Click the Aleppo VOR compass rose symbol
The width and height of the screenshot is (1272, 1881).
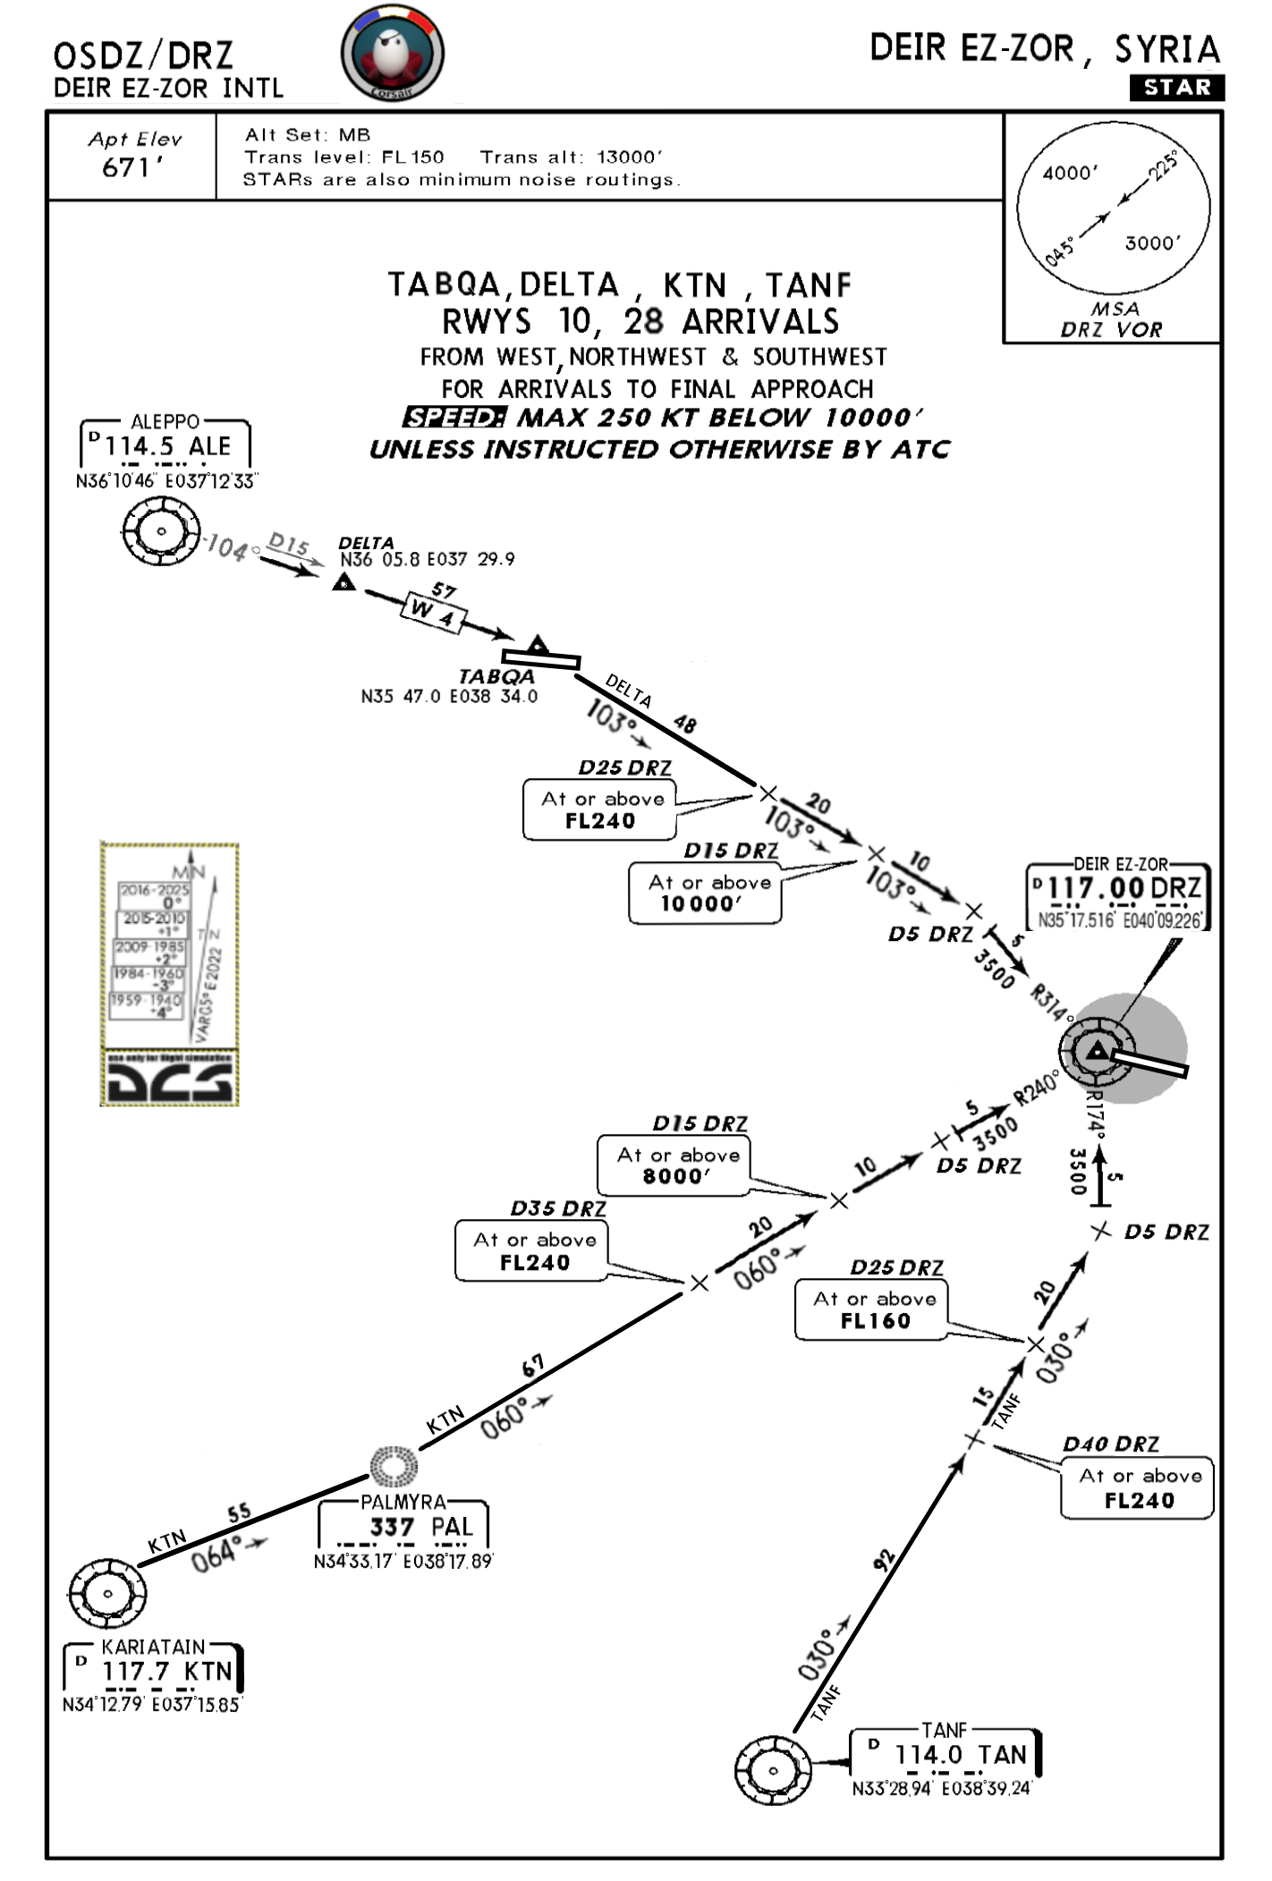[161, 531]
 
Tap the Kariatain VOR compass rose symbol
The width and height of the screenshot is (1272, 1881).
[107, 1593]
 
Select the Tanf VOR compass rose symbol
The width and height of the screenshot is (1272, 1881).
[773, 1770]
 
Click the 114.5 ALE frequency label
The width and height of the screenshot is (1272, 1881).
[167, 446]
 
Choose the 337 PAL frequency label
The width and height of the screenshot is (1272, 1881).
[420, 1527]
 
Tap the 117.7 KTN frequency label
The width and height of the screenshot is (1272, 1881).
[166, 1671]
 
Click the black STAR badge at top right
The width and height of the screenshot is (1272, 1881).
[1177, 88]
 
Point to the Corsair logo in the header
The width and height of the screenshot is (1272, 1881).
[392, 53]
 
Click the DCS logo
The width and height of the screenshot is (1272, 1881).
[170, 1081]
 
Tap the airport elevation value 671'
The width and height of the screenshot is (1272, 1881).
[131, 167]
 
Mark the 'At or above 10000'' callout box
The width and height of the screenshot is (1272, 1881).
[704, 893]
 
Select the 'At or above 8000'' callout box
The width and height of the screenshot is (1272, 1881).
[674, 1165]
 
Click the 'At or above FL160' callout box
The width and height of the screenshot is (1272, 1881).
[870, 1310]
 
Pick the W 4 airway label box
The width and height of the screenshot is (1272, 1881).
[434, 614]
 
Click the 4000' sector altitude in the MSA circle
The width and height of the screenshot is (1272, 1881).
[1070, 173]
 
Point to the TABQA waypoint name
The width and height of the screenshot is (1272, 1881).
[496, 677]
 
